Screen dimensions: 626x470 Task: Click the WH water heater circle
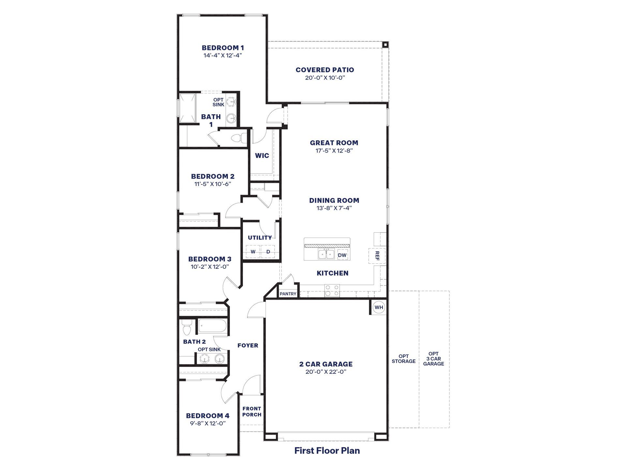pyautogui.click(x=379, y=307)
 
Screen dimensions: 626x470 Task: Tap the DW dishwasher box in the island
pyautogui.click(x=342, y=255)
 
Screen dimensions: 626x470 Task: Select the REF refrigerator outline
pyautogui.click(x=377, y=256)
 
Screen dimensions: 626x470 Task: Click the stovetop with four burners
pyautogui.click(x=332, y=290)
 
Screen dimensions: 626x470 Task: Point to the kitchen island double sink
pyautogui.click(x=326, y=254)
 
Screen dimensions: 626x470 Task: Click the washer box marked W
pyautogui.click(x=253, y=251)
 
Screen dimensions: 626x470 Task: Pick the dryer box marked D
pyautogui.click(x=268, y=251)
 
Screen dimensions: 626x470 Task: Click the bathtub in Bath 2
pyautogui.click(x=212, y=326)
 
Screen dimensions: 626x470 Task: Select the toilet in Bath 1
pyautogui.click(x=240, y=138)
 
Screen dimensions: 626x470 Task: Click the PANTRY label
pyautogui.click(x=288, y=294)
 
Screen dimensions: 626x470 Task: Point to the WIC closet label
pyautogui.click(x=262, y=156)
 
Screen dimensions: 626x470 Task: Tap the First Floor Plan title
pyautogui.click(x=327, y=451)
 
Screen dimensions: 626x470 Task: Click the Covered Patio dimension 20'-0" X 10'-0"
pyautogui.click(x=325, y=78)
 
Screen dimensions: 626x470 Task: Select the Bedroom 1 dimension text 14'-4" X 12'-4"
pyautogui.click(x=223, y=55)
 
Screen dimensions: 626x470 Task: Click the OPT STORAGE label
pyautogui.click(x=404, y=359)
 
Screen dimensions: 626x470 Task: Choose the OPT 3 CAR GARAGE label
pyautogui.click(x=434, y=359)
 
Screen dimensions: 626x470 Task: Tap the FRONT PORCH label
pyautogui.click(x=252, y=412)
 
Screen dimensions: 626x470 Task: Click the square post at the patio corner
pyautogui.click(x=385, y=45)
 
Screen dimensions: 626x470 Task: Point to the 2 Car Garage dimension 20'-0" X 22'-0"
pyautogui.click(x=326, y=372)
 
